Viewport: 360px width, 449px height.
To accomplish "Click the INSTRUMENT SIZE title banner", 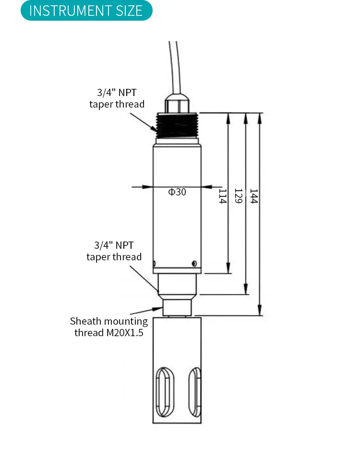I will pos(86,11).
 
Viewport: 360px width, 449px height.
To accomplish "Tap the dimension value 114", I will pos(222,196).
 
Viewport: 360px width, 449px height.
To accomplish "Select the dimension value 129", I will pos(238,196).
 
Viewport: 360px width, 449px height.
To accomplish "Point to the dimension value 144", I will pos(254,196).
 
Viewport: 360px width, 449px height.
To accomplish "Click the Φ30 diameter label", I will pos(177,192).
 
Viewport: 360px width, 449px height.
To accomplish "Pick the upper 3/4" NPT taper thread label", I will pos(117,98).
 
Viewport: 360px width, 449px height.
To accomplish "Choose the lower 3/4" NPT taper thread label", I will pos(114,251).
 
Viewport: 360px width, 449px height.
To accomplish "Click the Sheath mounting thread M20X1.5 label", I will pos(109,327).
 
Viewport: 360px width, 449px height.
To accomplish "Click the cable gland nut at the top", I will pos(177,103).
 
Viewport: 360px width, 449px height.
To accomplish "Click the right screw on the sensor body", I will pos(194,263).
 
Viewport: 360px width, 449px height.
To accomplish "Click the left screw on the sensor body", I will pos(155,263).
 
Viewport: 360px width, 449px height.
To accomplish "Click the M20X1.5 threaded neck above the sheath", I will pos(177,306).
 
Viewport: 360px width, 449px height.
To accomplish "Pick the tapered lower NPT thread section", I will pos(177,284).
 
